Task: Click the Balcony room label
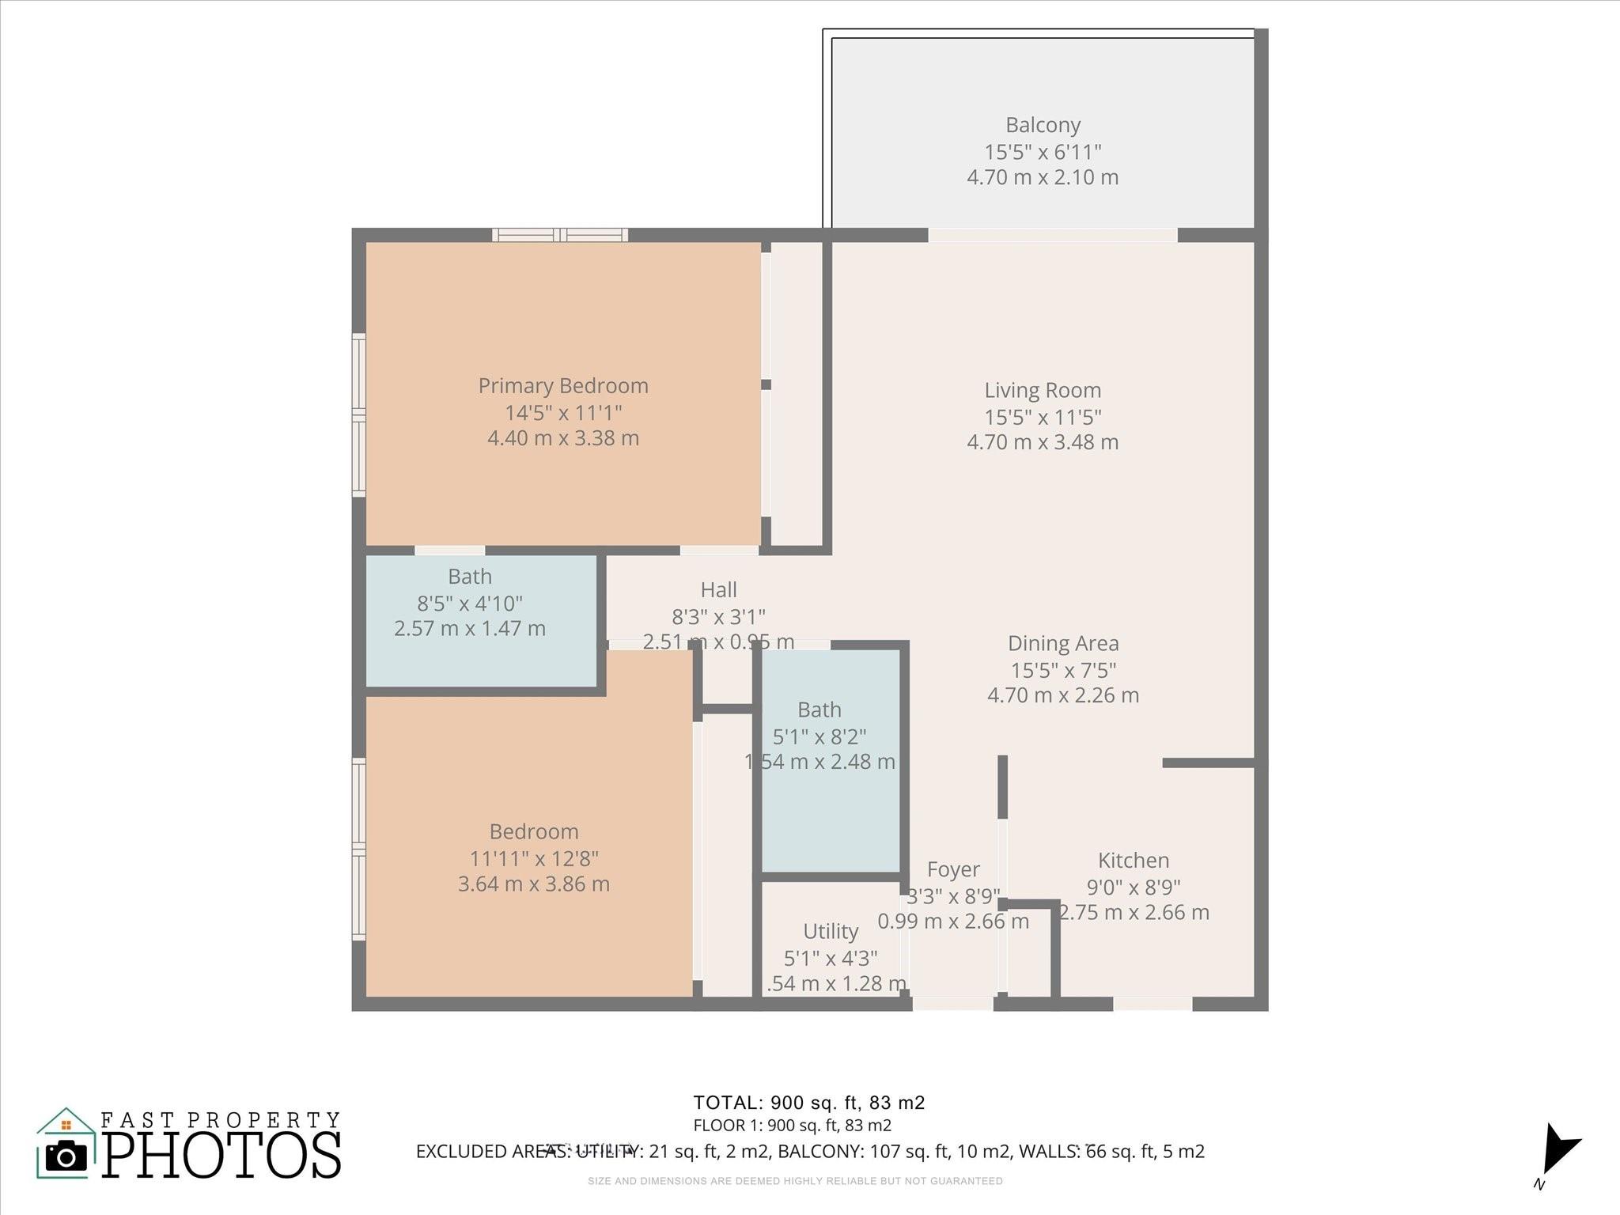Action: pos(1043,125)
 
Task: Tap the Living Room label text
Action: pos(1043,390)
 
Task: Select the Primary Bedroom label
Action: pos(562,386)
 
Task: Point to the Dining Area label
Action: pos(1062,644)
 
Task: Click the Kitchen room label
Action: pos(1133,861)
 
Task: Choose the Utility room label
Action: pos(830,931)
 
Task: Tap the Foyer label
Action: pos(952,869)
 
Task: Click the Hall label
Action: pos(718,590)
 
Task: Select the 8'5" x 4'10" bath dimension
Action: pos(470,604)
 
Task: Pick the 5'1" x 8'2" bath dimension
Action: pos(819,736)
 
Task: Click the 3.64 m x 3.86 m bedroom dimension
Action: pos(533,884)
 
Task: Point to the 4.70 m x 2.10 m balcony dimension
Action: pos(1043,177)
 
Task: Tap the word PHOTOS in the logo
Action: pos(221,1156)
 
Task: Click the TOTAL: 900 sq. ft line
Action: pos(808,1103)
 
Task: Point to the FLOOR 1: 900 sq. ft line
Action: pos(792,1126)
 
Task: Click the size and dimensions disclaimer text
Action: pos(795,1181)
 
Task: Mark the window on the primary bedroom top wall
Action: pos(560,235)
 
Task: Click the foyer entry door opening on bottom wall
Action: pos(952,1004)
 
